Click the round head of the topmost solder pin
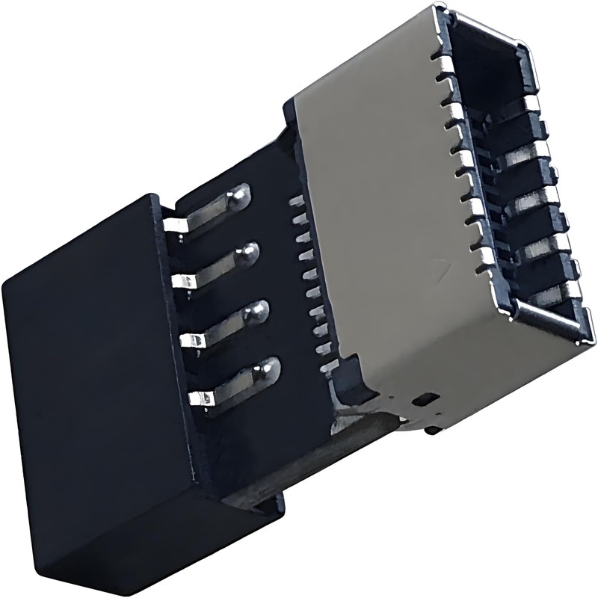pos(238,196)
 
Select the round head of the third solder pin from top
pos(258,311)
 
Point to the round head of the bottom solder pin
pos(266,368)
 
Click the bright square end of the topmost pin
pos(174,224)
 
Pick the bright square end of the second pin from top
pos(183,282)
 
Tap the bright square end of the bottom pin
pos(200,397)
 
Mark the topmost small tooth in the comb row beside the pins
pos(296,200)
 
